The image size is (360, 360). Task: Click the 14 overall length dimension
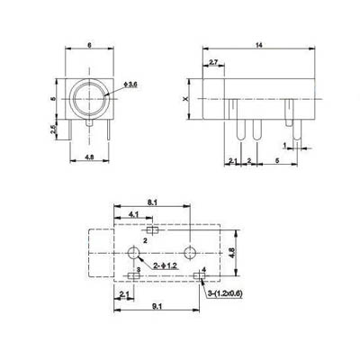coord(259,45)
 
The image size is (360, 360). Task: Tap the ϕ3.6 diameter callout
coord(130,85)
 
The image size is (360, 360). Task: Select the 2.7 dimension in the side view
coord(213,62)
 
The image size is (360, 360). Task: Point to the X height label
coord(185,99)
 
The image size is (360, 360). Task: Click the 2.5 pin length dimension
coord(53,130)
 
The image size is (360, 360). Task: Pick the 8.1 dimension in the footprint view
coord(152,202)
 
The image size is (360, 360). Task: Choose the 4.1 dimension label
coord(133,214)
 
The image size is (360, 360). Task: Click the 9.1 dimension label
coord(157,306)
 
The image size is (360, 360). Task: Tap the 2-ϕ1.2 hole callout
coord(166,265)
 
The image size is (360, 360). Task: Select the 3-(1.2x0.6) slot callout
coord(225,293)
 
